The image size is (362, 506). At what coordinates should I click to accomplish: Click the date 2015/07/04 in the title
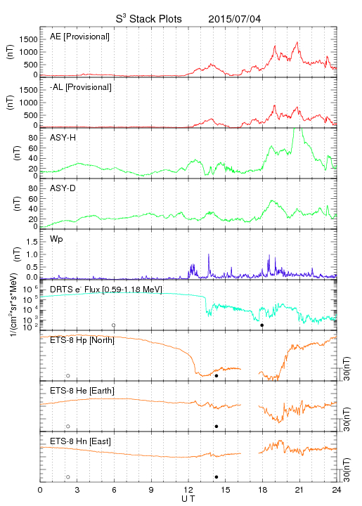point(234,19)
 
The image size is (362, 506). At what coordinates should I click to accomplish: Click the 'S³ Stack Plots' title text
point(149,19)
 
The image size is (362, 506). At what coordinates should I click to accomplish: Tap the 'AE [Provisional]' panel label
point(79,37)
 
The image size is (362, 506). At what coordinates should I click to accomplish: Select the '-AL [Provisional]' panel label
point(81,87)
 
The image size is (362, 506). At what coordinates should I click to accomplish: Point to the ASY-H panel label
point(63,138)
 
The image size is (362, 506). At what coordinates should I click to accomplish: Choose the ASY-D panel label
point(63,188)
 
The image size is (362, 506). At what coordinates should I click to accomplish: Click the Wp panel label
point(56,240)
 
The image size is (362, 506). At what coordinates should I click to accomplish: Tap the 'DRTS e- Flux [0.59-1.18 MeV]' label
point(106,290)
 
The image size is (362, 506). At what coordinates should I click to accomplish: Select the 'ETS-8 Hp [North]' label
point(82,340)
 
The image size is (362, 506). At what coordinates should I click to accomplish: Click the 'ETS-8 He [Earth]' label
point(82,391)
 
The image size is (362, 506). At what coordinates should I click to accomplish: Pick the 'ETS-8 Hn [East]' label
point(80,441)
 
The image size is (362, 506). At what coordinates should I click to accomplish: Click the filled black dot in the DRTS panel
point(262,325)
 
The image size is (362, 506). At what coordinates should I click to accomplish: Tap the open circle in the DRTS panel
point(114,325)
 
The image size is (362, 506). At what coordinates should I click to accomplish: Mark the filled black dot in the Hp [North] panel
point(216,375)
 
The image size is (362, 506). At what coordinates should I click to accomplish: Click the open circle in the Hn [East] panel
point(68,477)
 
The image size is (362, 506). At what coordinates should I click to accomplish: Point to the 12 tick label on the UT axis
point(188,490)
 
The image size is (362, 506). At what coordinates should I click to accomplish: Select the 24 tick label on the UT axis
point(337,490)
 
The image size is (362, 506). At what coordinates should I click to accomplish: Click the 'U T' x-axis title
point(188,499)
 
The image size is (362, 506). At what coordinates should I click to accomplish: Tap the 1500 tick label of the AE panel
point(28,39)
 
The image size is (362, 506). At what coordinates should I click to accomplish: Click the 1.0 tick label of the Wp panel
point(32,254)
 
